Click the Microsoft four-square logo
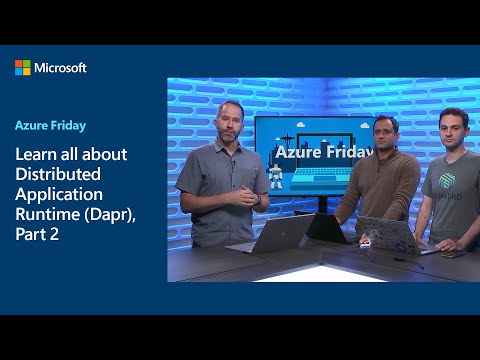pos(23,67)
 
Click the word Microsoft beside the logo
pos(60,67)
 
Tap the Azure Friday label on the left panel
pos(49,126)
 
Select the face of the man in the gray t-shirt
pos(452,129)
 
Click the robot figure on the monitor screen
pos(277,180)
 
